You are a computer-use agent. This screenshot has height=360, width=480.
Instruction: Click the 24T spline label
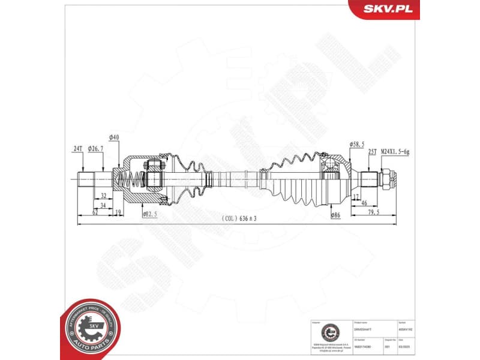pyautogui.click(x=77, y=148)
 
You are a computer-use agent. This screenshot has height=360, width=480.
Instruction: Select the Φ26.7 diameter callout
pyautogui.click(x=96, y=148)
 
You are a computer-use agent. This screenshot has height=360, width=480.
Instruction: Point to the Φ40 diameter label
pyautogui.click(x=114, y=137)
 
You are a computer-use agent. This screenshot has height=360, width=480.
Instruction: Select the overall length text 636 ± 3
pyautogui.click(x=239, y=219)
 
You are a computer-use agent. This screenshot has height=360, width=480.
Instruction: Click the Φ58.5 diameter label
pyautogui.click(x=358, y=144)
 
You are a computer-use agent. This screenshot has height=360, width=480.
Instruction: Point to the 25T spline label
pyautogui.click(x=371, y=152)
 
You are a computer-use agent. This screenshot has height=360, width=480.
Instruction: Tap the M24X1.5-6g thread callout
pyautogui.click(x=395, y=152)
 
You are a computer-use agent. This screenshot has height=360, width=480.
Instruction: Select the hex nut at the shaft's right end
pyautogui.click(x=388, y=178)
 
